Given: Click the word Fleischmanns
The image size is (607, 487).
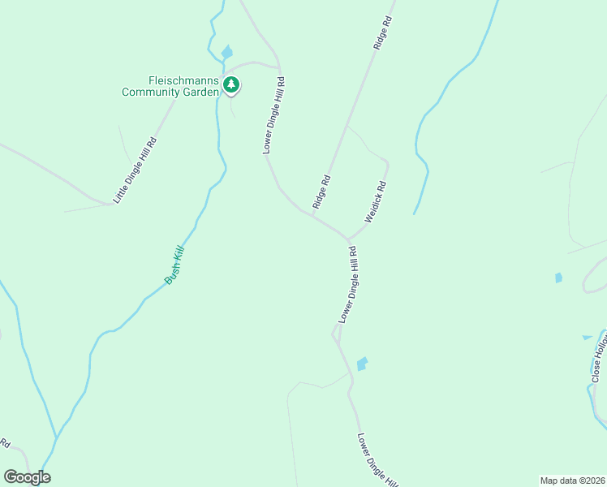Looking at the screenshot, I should (184, 80).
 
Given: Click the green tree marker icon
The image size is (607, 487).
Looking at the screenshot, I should (232, 84).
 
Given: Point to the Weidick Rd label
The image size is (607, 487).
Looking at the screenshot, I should (376, 202).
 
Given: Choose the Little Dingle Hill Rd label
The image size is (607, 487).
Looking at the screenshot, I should (135, 170).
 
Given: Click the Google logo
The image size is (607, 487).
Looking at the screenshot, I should (27, 477).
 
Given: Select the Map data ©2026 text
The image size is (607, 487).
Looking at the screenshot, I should (572, 481).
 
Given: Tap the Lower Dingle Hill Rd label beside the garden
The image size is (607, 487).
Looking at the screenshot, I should (273, 116).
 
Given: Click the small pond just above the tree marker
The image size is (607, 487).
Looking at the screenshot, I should (226, 53).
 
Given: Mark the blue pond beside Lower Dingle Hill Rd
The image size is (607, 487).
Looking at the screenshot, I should (362, 364).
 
